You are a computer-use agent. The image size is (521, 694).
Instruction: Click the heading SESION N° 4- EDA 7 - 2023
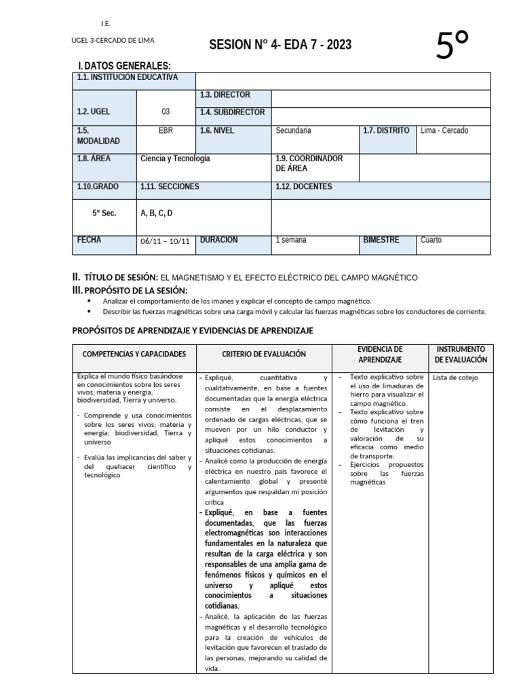[x=280, y=45]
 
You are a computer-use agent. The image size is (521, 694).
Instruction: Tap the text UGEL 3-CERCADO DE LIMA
[x=113, y=40]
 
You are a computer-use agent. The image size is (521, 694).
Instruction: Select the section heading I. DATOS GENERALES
[x=124, y=66]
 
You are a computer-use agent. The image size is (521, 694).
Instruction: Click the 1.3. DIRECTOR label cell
[x=225, y=95]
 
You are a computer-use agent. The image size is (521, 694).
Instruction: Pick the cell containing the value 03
[x=166, y=112]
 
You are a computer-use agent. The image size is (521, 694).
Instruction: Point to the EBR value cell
[x=166, y=130]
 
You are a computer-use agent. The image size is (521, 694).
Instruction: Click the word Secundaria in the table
[x=293, y=130]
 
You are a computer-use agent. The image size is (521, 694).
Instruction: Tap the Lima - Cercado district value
[x=444, y=130]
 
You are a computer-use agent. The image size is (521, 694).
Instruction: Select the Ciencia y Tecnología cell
[x=175, y=158]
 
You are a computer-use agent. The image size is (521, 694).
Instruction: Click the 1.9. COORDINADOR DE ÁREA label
[x=309, y=163]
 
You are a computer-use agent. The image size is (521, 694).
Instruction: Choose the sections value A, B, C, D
[x=157, y=213]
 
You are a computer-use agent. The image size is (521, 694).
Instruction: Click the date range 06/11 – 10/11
[x=165, y=241]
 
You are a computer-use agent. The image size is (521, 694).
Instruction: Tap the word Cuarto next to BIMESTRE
[x=431, y=240]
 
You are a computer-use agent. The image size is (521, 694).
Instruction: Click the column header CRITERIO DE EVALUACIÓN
[x=264, y=354]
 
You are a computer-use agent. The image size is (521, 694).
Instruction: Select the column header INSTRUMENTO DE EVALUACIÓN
[x=461, y=354]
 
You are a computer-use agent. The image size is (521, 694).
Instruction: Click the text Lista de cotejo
[x=455, y=377]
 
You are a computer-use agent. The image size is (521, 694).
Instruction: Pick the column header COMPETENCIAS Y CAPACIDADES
[x=134, y=354]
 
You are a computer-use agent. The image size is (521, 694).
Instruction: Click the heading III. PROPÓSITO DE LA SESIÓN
[x=130, y=290]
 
